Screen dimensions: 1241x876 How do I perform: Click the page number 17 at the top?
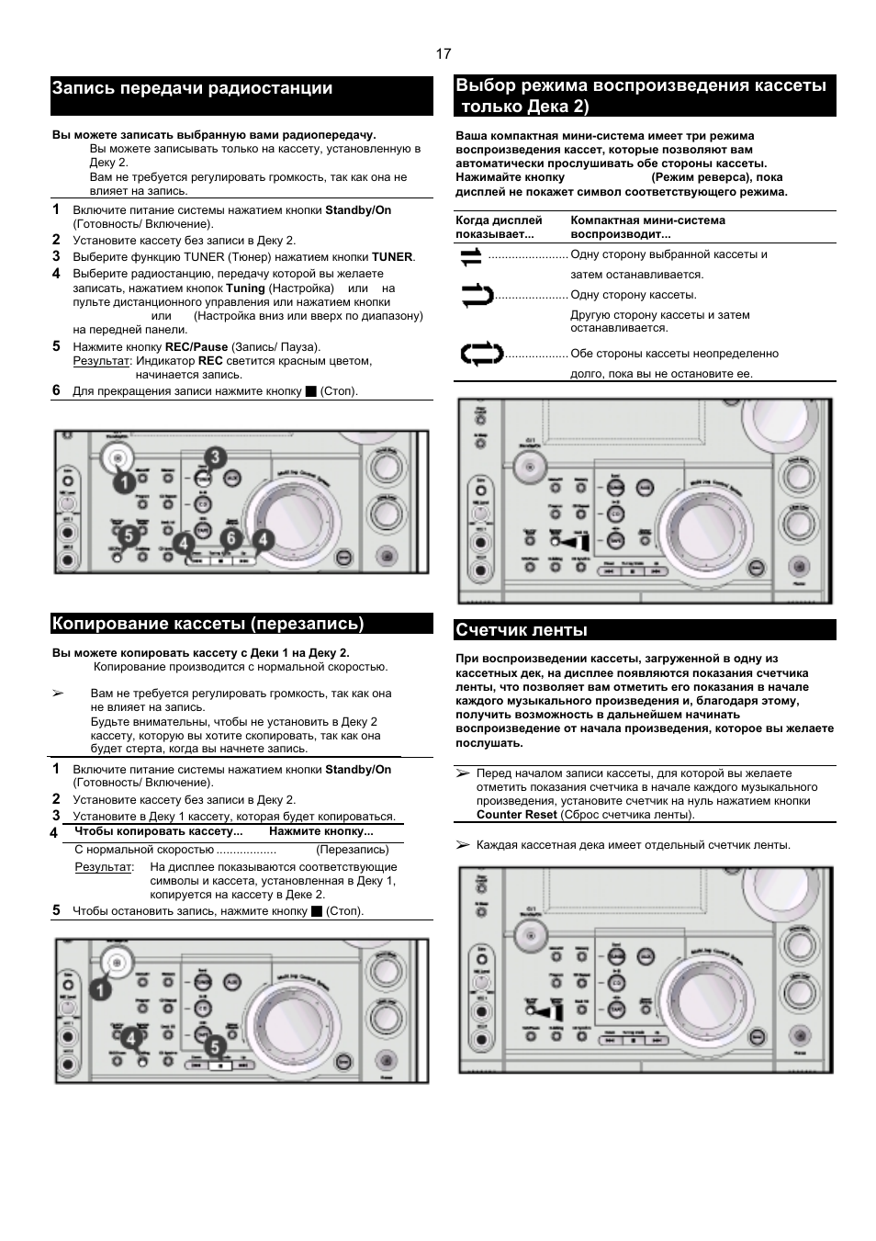(444, 53)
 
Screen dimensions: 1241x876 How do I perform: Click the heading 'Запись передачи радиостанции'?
(192, 89)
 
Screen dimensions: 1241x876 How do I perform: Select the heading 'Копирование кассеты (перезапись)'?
(208, 625)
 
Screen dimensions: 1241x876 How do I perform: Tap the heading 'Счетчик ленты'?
(521, 630)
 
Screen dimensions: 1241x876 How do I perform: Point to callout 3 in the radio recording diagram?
(214, 457)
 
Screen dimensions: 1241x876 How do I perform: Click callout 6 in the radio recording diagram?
(231, 538)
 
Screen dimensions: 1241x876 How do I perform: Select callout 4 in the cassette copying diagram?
(130, 1039)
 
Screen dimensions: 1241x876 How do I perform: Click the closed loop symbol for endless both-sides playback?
(480, 354)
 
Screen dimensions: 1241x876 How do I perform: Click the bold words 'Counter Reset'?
(516, 815)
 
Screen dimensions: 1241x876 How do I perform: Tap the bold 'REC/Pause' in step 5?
(196, 347)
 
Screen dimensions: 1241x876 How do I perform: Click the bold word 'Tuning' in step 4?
(245, 288)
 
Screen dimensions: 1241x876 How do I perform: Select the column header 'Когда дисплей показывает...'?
(499, 227)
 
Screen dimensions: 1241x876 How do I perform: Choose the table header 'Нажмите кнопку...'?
(320, 832)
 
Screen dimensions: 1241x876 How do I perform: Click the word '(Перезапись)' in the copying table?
(353, 851)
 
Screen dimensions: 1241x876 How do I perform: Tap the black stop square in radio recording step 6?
(310, 392)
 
